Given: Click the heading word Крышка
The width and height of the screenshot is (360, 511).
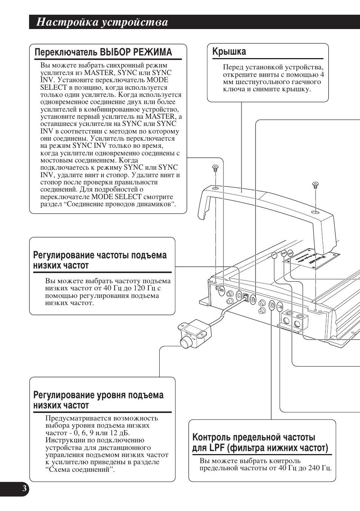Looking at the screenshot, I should coord(229,51).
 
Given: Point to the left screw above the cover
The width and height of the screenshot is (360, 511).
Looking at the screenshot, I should coord(215,168).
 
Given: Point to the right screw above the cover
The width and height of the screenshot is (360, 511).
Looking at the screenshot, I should coord(315,185).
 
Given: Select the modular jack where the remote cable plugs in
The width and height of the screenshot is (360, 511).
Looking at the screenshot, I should coord(245,297).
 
